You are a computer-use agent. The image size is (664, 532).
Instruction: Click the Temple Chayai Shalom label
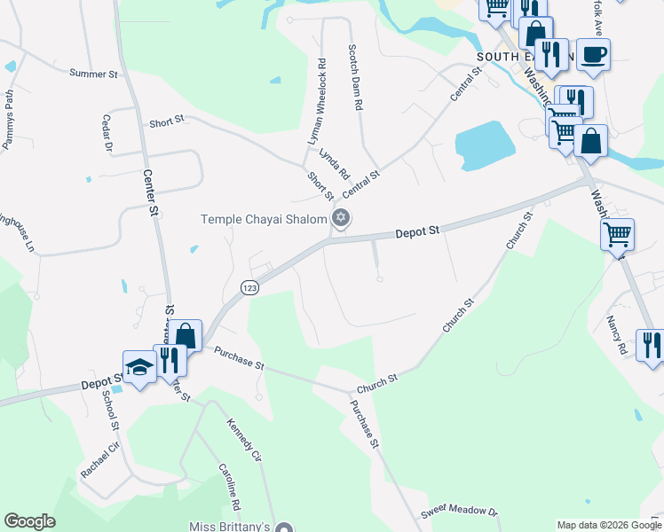[264, 219]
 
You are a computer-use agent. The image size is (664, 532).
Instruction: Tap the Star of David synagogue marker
[339, 218]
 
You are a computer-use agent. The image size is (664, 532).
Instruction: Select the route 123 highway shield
[250, 287]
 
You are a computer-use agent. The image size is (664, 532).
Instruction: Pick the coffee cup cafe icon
[592, 55]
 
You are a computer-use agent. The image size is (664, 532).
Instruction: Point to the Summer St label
[93, 74]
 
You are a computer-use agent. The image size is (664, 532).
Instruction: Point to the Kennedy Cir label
[244, 444]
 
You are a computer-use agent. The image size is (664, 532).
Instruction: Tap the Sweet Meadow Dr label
[460, 512]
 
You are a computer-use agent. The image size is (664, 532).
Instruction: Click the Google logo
[29, 521]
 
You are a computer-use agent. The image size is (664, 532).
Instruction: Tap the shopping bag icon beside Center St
[186, 336]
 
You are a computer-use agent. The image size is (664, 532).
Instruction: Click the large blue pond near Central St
[484, 144]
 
